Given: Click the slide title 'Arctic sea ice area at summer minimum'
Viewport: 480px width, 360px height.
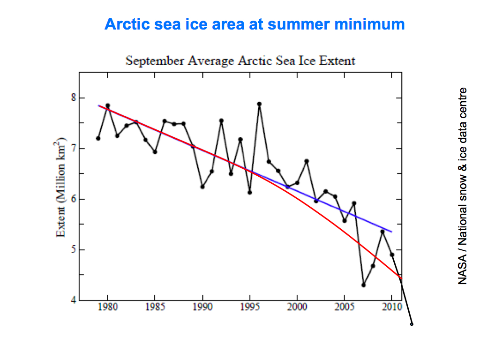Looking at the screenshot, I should click(x=255, y=24).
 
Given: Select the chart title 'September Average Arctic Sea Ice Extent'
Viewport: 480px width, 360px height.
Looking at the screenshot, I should click(x=240, y=61).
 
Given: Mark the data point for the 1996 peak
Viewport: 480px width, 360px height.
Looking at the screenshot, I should click(x=259, y=104).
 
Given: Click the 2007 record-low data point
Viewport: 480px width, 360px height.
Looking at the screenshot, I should click(x=363, y=285).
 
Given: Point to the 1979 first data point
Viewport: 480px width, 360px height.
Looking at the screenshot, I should click(x=98, y=138).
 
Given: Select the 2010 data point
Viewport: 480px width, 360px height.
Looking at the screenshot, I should click(x=392, y=255).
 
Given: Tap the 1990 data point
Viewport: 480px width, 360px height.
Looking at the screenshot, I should click(x=202, y=187).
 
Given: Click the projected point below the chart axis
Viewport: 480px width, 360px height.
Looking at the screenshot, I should click(x=412, y=324).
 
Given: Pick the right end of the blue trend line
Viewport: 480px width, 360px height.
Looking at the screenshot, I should click(x=391, y=232).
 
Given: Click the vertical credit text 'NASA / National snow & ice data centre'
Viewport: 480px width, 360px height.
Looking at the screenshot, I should click(x=463, y=186).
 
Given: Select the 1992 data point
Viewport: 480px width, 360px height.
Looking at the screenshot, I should click(x=221, y=120).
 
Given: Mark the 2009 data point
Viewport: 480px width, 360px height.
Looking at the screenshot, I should click(x=382, y=232).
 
